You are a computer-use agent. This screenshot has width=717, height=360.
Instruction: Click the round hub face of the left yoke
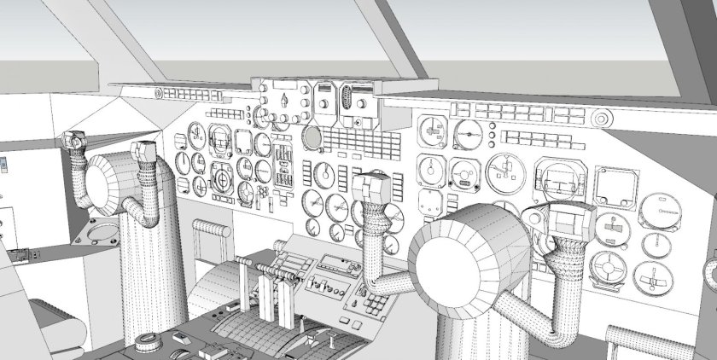(x=109, y=184)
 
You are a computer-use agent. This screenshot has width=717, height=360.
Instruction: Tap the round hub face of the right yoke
(x=458, y=261)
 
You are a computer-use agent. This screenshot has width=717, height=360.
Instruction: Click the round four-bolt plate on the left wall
(x=103, y=231)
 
